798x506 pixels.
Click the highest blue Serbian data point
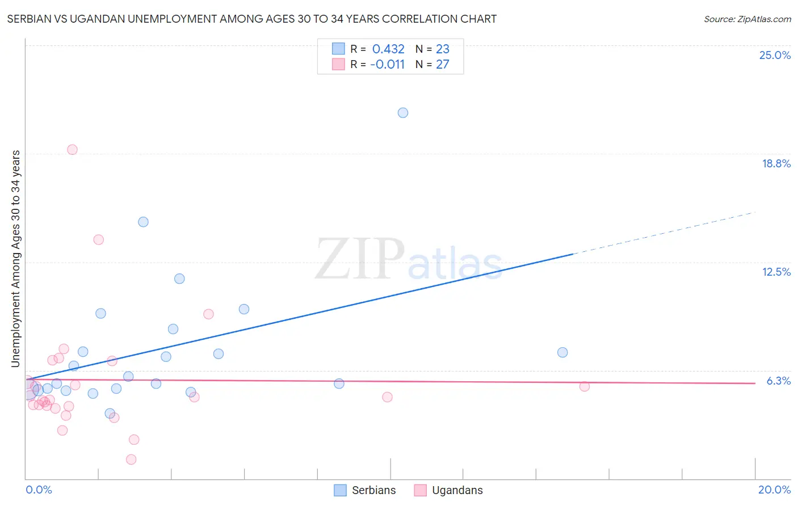click(403, 113)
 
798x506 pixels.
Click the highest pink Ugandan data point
click(72, 150)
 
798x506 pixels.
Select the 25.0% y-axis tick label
click(775, 55)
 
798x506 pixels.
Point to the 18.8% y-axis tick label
click(776, 163)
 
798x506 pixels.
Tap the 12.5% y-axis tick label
click(776, 272)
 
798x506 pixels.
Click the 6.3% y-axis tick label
click(778, 381)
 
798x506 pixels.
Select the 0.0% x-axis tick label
click(39, 490)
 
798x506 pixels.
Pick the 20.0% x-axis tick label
click(774, 490)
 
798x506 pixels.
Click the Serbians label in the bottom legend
click(373, 490)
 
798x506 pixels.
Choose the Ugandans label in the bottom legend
click(457, 490)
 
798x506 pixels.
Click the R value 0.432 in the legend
click(388, 49)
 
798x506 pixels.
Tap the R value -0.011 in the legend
click(387, 65)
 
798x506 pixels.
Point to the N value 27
click(442, 65)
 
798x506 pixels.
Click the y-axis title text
click(16, 258)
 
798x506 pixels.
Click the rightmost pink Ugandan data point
click(585, 386)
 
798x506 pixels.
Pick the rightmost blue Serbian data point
click(562, 352)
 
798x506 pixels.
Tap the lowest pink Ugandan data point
click(131, 459)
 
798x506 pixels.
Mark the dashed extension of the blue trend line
click(664, 233)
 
